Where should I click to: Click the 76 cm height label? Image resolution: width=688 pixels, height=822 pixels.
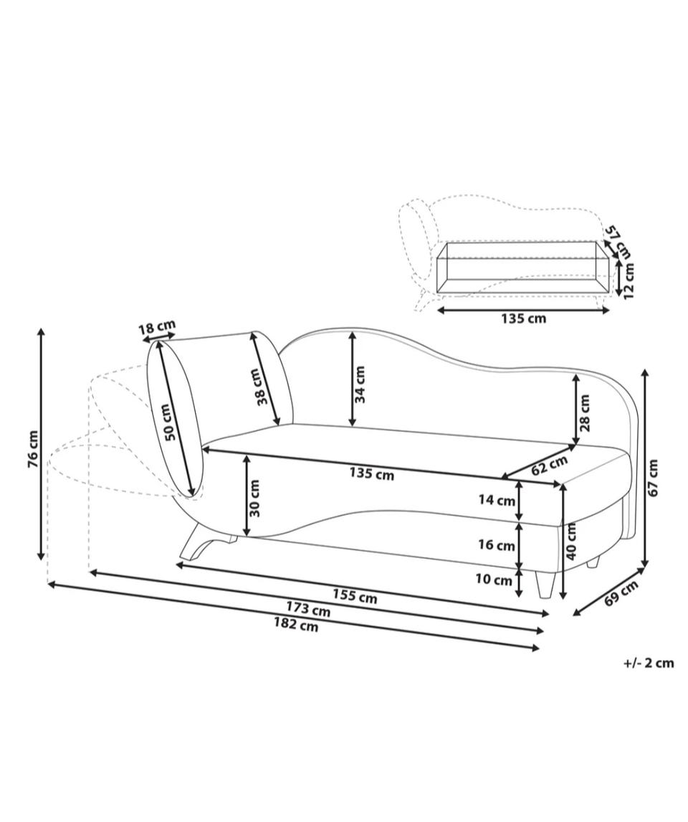[32, 449]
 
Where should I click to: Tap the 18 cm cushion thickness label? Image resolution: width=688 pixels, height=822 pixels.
[157, 328]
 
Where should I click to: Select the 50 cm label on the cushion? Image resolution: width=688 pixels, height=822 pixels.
[168, 422]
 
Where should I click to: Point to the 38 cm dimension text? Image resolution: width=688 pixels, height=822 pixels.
[259, 387]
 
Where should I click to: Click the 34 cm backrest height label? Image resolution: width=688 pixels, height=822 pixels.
[360, 384]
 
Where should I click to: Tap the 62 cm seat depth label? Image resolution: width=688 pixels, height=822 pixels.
[550, 465]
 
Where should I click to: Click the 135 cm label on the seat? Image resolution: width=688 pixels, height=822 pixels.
[372, 474]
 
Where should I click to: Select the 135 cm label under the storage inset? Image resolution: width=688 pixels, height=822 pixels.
[524, 318]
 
